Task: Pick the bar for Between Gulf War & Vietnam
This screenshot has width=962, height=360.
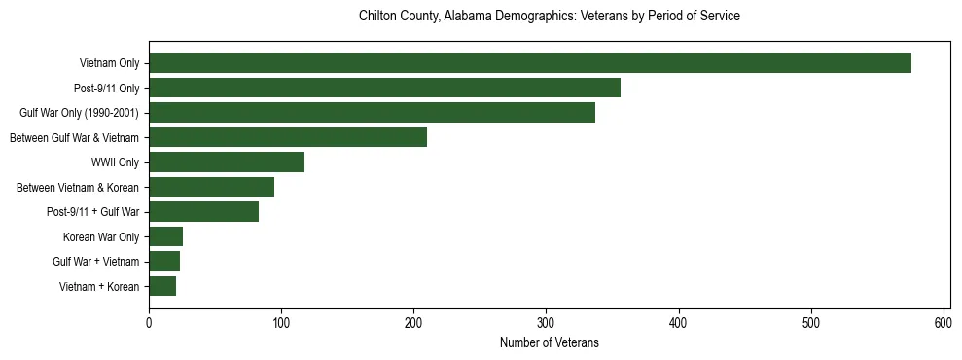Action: coord(288,137)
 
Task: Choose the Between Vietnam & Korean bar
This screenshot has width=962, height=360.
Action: coord(211,187)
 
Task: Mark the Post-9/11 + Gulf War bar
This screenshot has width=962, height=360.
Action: coord(203,211)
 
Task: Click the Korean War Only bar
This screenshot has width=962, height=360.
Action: coord(165,236)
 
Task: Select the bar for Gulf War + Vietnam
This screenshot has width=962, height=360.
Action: coord(164,261)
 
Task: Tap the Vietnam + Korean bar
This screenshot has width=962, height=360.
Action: coord(162,286)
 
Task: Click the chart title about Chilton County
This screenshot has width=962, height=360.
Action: coord(550,17)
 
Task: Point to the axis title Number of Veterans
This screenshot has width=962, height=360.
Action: coord(550,342)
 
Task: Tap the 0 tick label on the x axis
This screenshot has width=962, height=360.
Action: coord(149,322)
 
